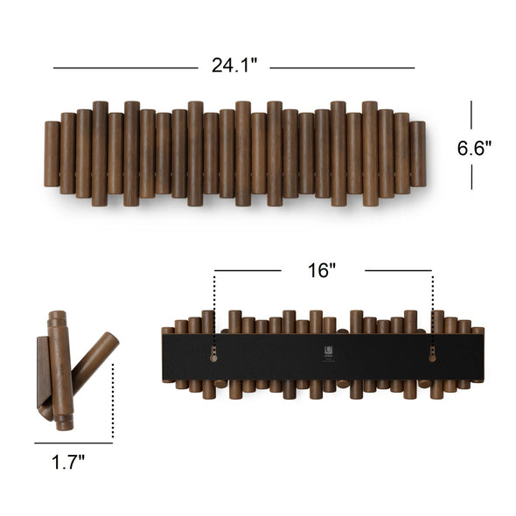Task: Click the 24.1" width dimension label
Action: (234, 66)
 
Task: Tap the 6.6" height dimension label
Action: (474, 148)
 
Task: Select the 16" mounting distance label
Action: (322, 270)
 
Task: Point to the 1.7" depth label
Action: (68, 462)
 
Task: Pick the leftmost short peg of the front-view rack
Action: (52, 154)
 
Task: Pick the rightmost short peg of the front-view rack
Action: (417, 154)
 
